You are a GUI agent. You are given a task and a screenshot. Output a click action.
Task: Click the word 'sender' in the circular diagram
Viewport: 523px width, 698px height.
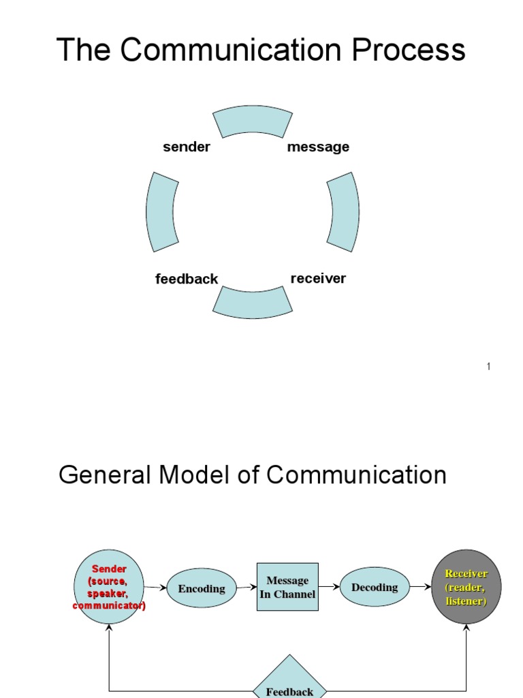click(x=187, y=147)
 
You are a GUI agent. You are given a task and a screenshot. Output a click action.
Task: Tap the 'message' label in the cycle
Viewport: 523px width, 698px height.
click(x=318, y=147)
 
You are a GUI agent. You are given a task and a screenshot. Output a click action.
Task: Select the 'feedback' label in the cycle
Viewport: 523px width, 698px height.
click(x=187, y=279)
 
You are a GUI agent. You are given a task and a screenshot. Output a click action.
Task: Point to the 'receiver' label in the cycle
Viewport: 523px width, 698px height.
click(x=318, y=278)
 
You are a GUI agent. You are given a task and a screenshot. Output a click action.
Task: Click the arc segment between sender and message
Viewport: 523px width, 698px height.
click(x=253, y=121)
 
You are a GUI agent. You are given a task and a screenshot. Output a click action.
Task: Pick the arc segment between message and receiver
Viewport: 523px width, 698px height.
click(x=344, y=211)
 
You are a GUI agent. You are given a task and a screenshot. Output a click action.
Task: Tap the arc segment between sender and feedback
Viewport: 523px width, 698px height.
click(x=161, y=211)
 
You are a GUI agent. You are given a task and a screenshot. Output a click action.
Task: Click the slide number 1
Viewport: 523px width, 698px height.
click(x=488, y=367)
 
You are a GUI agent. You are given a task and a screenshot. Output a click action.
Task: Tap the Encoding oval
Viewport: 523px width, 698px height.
click(x=202, y=588)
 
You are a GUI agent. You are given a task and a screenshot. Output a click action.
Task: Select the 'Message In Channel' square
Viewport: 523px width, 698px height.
click(x=287, y=587)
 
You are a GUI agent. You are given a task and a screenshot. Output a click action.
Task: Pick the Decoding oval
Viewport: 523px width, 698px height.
click(x=374, y=587)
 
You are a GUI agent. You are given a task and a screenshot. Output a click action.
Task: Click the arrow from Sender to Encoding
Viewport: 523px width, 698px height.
click(x=156, y=588)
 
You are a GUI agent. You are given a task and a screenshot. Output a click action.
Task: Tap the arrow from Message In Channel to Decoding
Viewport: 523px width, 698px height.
click(x=329, y=586)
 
